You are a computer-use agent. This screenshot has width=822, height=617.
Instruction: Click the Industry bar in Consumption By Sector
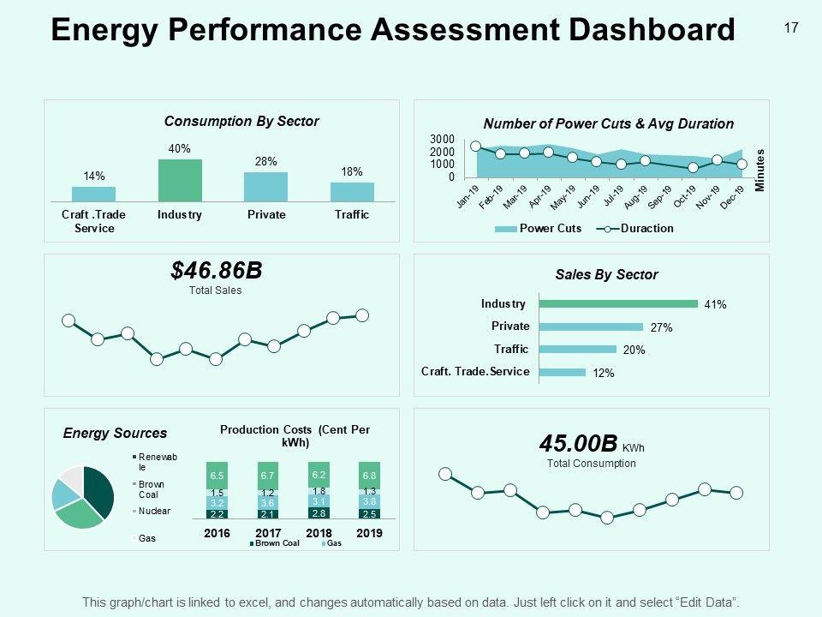(x=180, y=180)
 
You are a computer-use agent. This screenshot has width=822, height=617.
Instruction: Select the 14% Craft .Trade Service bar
(x=93, y=194)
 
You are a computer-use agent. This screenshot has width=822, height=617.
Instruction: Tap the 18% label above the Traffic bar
(x=352, y=171)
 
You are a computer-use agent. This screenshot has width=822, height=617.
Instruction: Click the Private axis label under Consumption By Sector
(x=266, y=215)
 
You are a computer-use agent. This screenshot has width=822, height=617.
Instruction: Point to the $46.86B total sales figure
(x=216, y=272)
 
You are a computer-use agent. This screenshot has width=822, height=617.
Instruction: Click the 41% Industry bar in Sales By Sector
(x=617, y=303)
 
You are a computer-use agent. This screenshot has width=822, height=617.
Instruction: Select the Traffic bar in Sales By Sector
(x=577, y=349)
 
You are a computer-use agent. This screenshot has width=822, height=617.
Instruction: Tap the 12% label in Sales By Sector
(x=604, y=373)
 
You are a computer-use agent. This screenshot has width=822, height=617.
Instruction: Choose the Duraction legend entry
(x=646, y=229)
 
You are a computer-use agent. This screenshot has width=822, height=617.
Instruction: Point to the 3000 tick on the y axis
(x=442, y=139)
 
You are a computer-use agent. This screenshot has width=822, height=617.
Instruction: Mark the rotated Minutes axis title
(x=759, y=170)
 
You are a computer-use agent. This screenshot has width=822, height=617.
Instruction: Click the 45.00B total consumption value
(x=578, y=444)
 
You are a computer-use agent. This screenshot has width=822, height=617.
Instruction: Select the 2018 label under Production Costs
(x=319, y=533)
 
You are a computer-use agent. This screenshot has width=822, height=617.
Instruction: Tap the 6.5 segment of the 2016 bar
(x=217, y=476)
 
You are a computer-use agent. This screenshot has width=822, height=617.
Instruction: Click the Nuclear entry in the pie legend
(x=154, y=511)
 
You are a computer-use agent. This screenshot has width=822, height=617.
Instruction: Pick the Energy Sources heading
(x=116, y=434)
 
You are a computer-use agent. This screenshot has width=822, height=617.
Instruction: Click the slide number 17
(x=791, y=28)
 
